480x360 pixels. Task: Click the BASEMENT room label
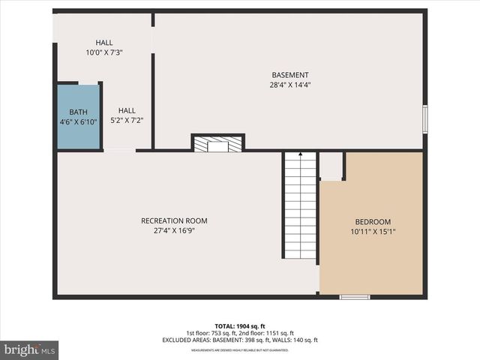[289, 74]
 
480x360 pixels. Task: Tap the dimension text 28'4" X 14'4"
[289, 85]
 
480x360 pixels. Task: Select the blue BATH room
[79, 117]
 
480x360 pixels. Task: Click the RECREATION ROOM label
[174, 220]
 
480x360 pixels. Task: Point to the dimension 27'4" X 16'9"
[174, 231]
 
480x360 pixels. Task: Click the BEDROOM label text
[373, 222]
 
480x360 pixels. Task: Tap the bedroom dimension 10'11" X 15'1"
[373, 232]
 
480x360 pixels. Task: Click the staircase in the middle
[300, 206]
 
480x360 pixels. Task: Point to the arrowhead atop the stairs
[300, 154]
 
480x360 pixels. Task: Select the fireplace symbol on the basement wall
[217, 143]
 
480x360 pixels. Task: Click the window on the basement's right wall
[424, 119]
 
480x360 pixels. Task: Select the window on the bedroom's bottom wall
[355, 297]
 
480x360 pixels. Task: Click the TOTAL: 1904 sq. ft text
[239, 325]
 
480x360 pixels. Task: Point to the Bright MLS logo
[30, 349]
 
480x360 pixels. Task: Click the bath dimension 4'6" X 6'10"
[79, 122]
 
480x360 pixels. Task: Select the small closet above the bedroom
[331, 166]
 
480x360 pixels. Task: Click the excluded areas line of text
[239, 340]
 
